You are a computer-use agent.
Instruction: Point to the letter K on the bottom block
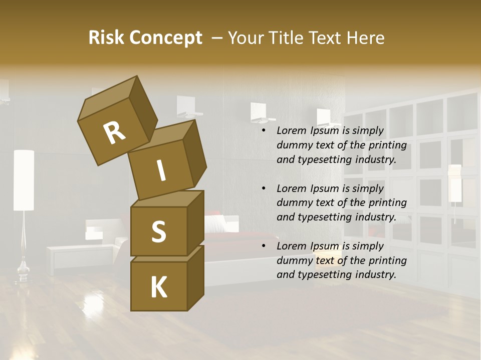click(158, 287)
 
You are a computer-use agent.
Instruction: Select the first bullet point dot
click(264, 131)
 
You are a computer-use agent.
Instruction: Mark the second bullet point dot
click(264, 188)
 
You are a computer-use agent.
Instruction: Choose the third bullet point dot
click(264, 246)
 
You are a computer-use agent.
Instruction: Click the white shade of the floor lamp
click(24, 180)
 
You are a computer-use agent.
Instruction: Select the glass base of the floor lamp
click(23, 272)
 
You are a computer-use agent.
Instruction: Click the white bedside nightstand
click(80, 257)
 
